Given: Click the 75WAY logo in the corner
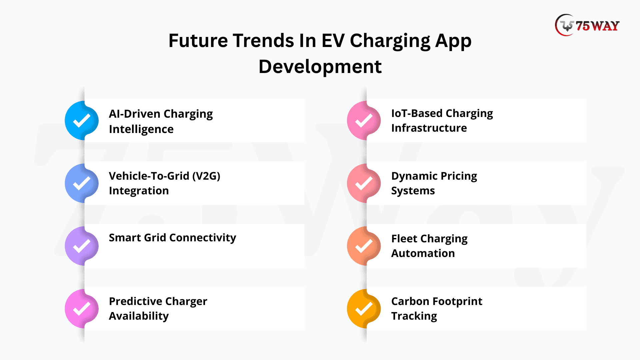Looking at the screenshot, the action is (587, 25).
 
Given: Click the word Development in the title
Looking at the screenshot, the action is (320, 67).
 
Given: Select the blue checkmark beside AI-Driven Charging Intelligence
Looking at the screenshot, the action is (82, 121).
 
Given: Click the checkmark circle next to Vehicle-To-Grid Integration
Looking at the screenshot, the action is (82, 183).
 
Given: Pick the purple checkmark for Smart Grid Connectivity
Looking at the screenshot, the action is (82, 246).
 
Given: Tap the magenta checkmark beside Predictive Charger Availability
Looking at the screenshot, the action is (82, 309).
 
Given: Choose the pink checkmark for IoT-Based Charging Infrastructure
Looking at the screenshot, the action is (364, 121).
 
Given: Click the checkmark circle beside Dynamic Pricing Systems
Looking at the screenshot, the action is (364, 183).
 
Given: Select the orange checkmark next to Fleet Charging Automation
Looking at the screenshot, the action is (364, 246).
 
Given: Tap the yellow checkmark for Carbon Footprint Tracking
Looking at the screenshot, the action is (364, 309).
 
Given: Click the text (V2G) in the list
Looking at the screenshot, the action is (206, 176).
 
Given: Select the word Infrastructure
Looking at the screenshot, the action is (429, 128).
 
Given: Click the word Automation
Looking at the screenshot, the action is (423, 253).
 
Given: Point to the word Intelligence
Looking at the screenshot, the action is (141, 129).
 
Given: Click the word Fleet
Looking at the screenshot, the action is (404, 239).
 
